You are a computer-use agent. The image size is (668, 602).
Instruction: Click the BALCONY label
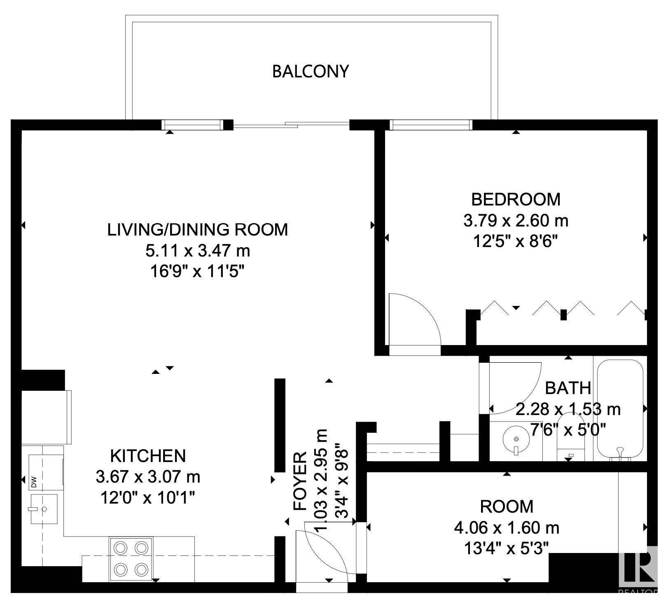point(311,71)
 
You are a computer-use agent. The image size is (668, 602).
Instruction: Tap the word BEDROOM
point(516,199)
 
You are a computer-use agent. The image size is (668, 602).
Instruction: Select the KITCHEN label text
point(148,456)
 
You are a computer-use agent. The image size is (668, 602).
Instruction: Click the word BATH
point(568,388)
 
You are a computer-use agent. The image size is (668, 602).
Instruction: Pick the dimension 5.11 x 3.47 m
point(198,250)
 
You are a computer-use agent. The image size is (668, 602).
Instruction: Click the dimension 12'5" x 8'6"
point(516,241)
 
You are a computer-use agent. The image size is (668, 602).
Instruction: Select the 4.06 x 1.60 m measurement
point(507,527)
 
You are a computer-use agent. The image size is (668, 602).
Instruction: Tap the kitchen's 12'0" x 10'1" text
point(148,498)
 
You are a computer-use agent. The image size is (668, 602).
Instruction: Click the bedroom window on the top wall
point(431,124)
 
